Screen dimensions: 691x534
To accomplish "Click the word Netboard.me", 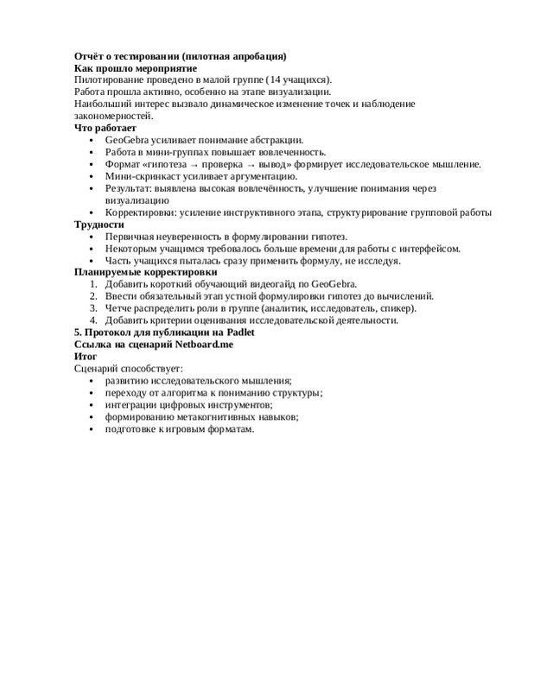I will [200, 344].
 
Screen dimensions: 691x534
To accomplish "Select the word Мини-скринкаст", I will [142, 176].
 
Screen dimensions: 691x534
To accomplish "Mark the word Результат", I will [129, 188].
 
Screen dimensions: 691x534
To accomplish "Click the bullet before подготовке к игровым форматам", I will [93, 428].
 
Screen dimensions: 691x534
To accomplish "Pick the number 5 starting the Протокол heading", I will [78, 333].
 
